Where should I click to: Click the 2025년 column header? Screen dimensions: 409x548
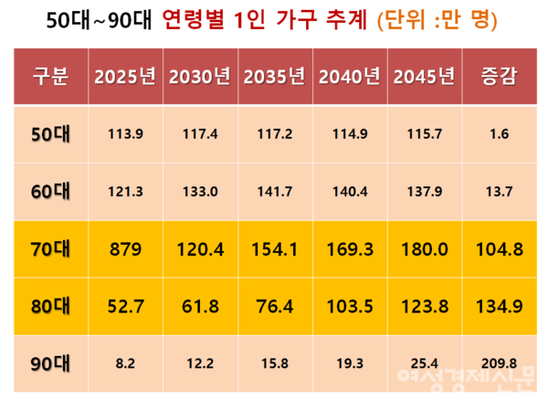[125, 76]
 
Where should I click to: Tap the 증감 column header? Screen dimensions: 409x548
[500, 76]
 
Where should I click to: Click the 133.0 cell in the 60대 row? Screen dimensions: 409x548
[200, 192]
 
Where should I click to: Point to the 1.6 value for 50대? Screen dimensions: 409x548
[500, 133]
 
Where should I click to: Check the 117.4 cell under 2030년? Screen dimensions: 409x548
[200, 133]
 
